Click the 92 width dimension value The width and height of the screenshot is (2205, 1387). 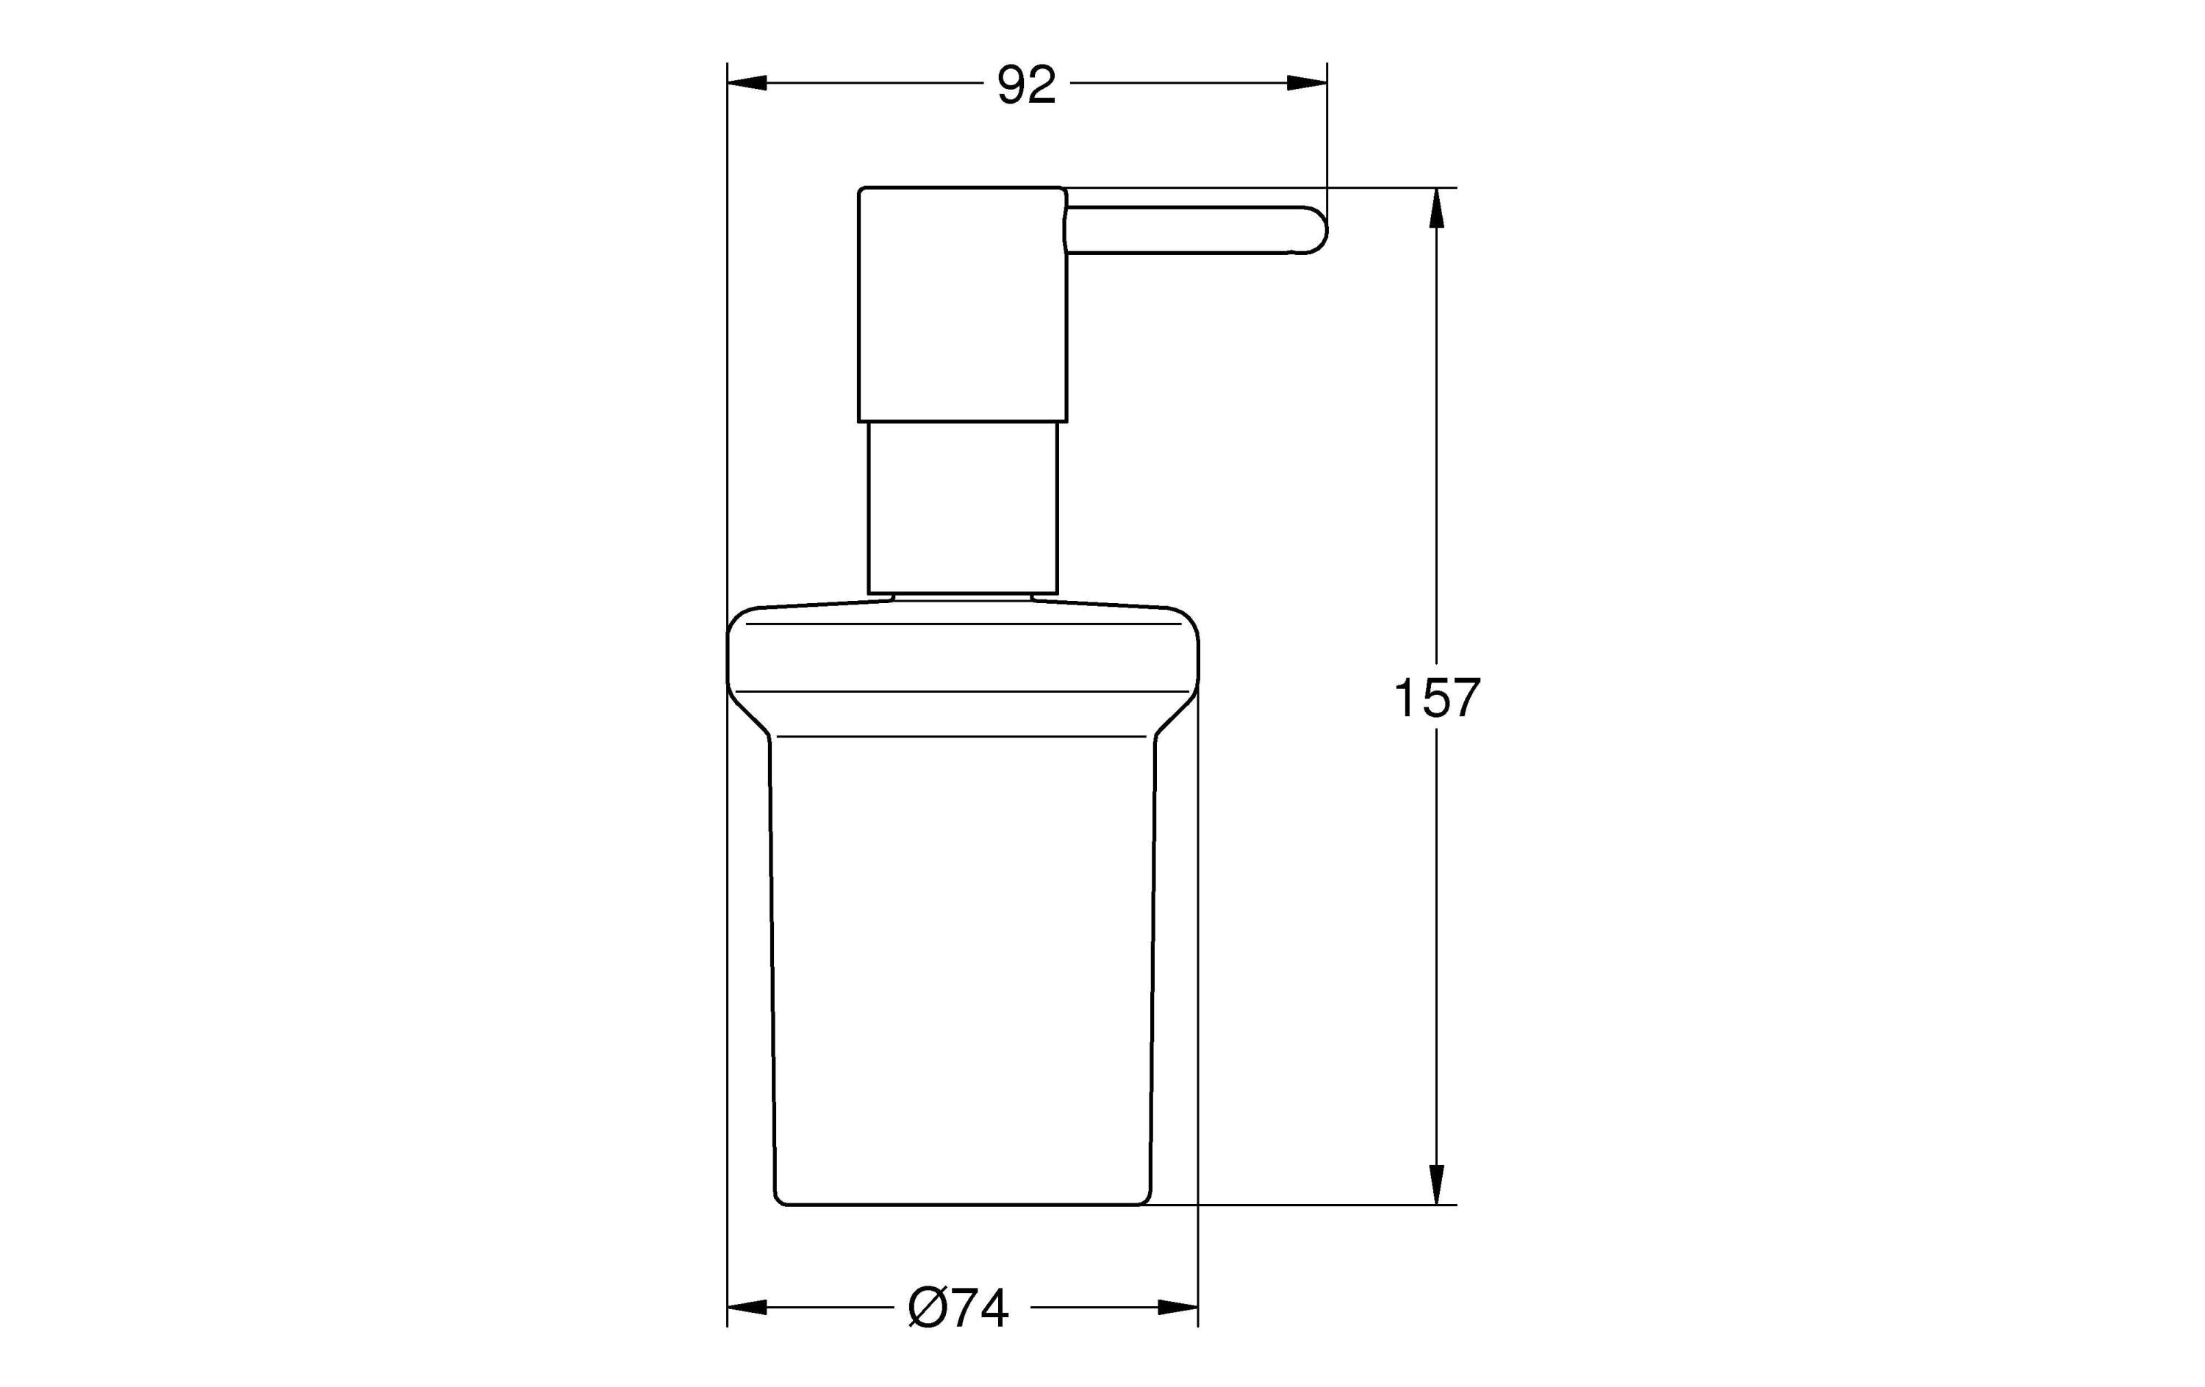(x=1027, y=85)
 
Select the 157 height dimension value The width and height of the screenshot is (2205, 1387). (x=1435, y=699)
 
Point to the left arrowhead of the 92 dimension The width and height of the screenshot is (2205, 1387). (x=746, y=83)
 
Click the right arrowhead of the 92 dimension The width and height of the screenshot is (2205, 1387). (x=1308, y=83)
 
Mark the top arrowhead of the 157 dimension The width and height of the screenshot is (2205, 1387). (x=1435, y=209)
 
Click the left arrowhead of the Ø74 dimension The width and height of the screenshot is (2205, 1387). (x=746, y=1308)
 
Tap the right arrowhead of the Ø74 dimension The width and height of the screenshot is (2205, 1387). (x=1178, y=1308)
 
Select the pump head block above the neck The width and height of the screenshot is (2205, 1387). (x=962, y=304)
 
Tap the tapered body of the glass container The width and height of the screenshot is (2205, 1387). (x=962, y=962)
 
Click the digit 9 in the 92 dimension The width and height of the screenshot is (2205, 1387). (x=1011, y=85)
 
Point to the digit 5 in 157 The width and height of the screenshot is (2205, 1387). (x=1435, y=699)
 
